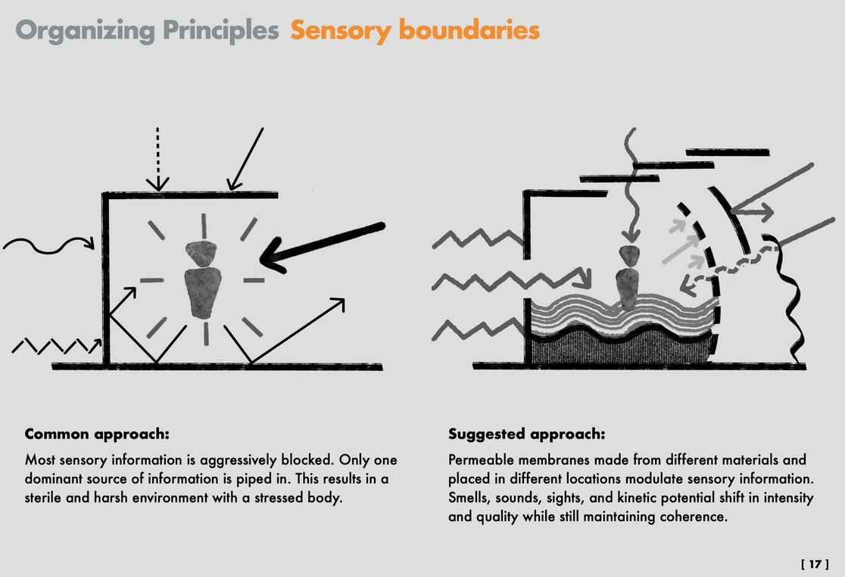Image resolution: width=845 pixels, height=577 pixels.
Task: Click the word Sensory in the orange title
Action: pyautogui.click(x=341, y=30)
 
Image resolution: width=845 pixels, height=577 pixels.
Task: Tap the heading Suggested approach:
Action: pyautogui.click(x=526, y=435)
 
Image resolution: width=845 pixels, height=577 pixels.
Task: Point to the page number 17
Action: pyautogui.click(x=815, y=564)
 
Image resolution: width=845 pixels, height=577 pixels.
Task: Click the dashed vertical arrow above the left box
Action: pyautogui.click(x=157, y=159)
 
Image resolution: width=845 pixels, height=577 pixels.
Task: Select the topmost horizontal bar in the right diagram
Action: pyautogui.click(x=727, y=153)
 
